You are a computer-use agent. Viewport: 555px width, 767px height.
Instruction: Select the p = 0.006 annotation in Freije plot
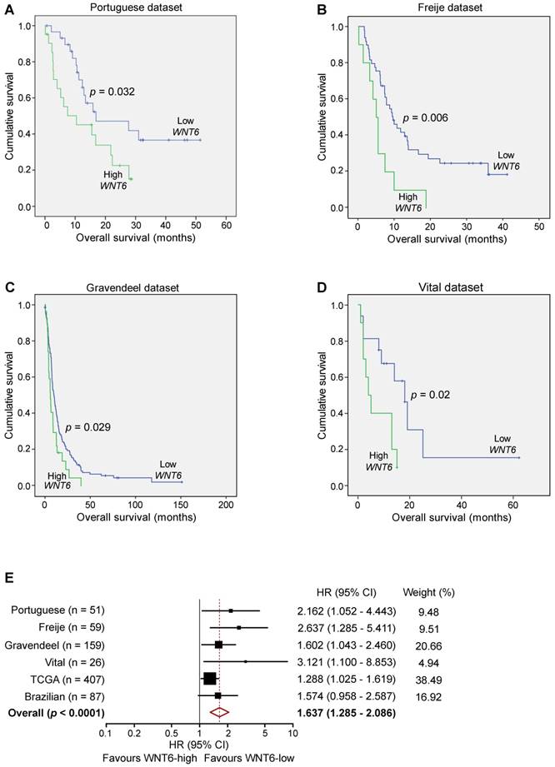click(x=425, y=118)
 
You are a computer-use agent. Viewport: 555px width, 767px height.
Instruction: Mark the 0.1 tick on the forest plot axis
click(x=105, y=733)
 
